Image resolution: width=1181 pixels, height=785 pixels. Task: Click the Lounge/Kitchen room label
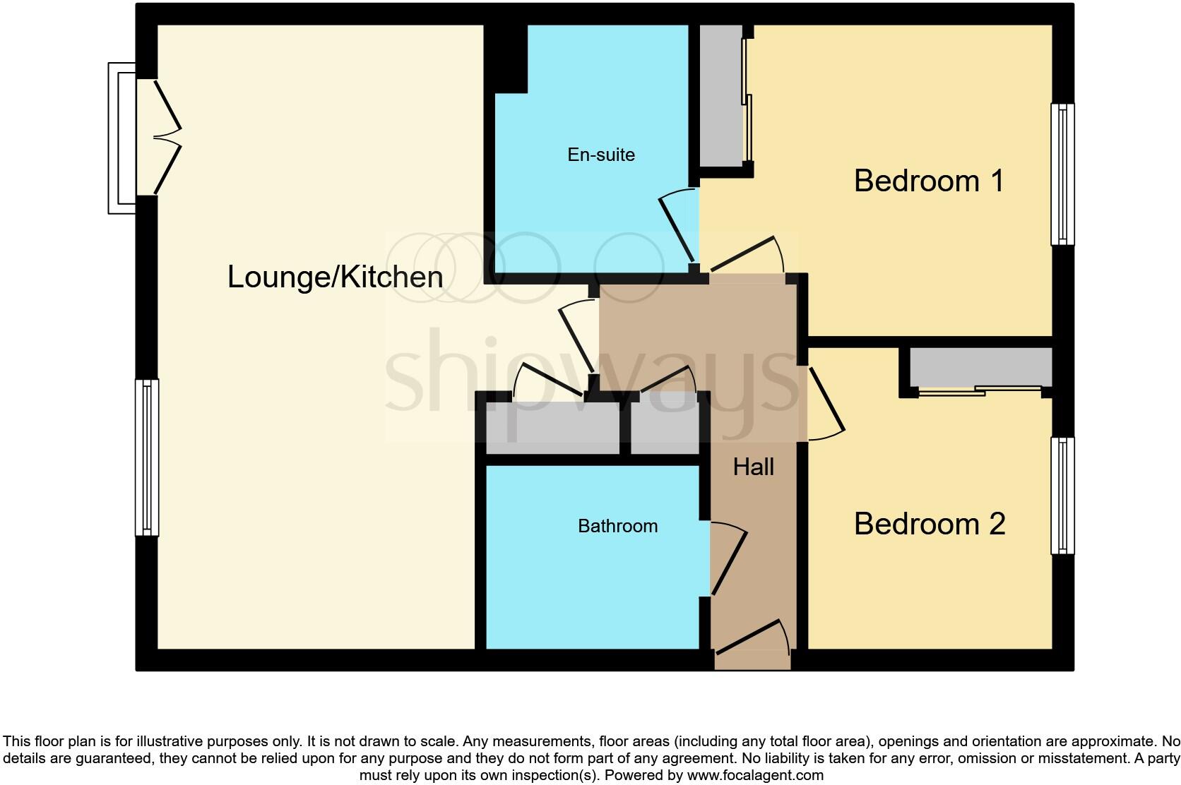click(x=335, y=277)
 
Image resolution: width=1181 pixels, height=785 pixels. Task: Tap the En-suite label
click(x=601, y=155)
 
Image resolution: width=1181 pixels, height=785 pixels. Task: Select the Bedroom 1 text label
click(x=929, y=181)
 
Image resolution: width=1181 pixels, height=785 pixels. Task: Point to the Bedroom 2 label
click(x=930, y=524)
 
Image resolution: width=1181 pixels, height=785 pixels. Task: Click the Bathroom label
click(x=617, y=526)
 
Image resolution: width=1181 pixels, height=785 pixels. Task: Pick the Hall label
click(x=753, y=467)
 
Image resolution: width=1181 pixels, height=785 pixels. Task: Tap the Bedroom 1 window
click(x=1062, y=174)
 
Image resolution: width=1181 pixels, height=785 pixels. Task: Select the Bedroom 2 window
click(x=1062, y=496)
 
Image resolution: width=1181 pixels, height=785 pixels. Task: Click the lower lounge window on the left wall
click(x=147, y=457)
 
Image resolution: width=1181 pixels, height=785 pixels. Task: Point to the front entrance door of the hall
click(x=752, y=644)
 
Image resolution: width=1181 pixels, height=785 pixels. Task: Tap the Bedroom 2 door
click(x=824, y=402)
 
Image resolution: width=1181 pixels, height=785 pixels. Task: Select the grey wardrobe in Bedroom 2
click(x=980, y=366)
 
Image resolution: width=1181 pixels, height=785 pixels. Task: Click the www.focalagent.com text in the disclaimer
click(x=755, y=775)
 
